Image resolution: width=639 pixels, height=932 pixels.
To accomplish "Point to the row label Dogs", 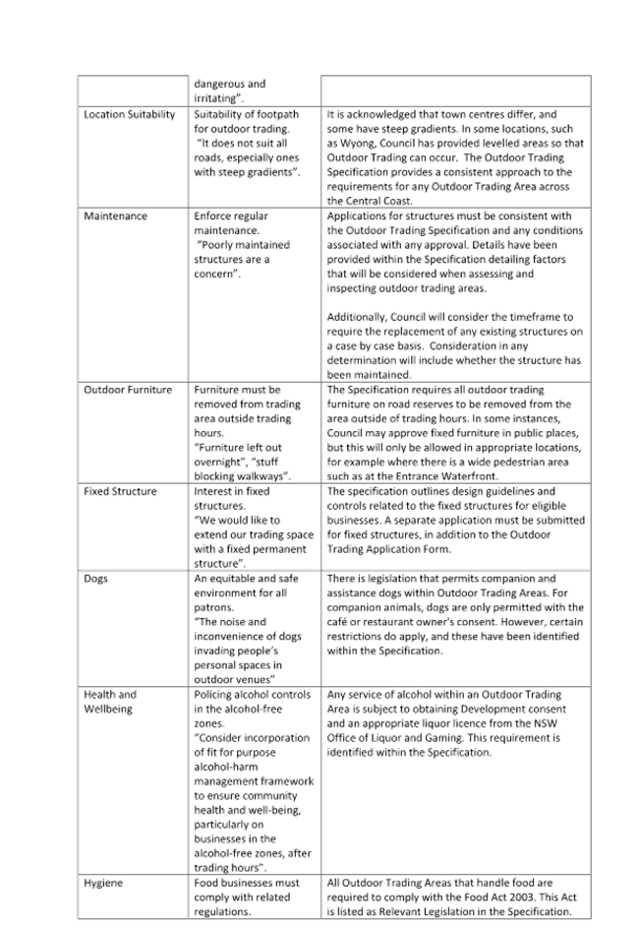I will tap(95, 579).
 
